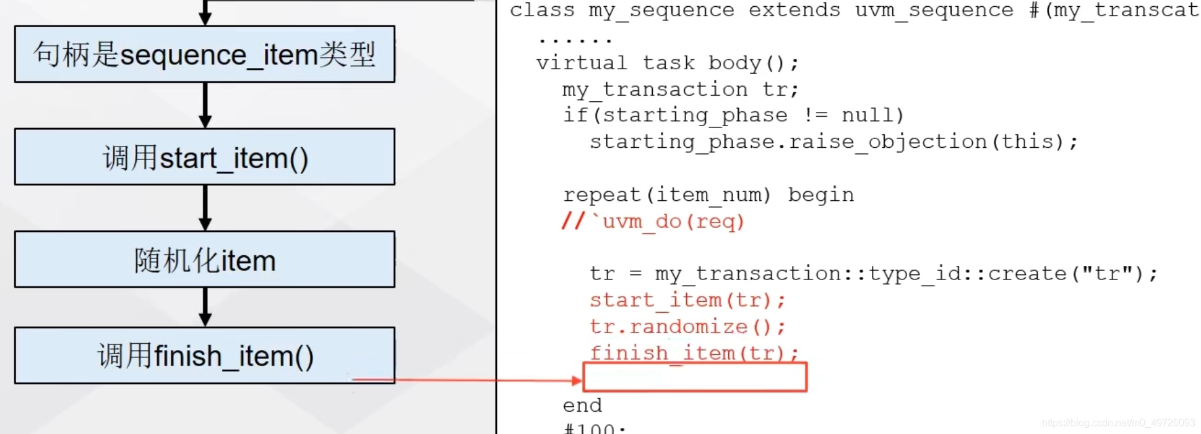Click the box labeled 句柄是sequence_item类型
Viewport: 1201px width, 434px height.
click(x=205, y=54)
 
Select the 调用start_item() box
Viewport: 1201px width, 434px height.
click(x=205, y=157)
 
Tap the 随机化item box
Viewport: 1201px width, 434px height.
click(x=205, y=260)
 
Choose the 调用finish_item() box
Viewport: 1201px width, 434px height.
click(x=205, y=355)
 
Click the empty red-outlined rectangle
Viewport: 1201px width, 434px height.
click(x=695, y=377)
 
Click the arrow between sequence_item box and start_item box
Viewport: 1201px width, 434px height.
click(x=205, y=106)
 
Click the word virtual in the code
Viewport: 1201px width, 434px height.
click(x=581, y=63)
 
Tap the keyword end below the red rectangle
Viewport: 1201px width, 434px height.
click(x=582, y=406)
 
